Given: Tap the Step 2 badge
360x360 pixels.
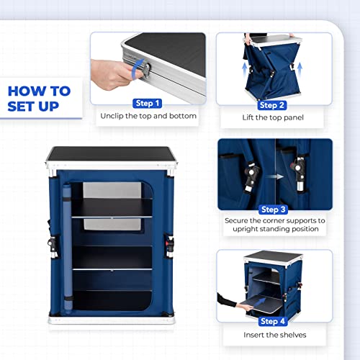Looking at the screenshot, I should coord(273,104).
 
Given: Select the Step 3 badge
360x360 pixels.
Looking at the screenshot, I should coord(273,209).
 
